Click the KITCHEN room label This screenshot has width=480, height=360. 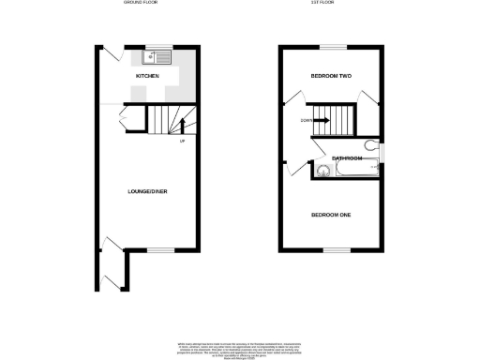[x=147, y=75]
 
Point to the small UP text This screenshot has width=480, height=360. [x=183, y=142]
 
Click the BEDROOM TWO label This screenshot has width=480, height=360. [x=331, y=75]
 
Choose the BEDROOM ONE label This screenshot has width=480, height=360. [x=331, y=215]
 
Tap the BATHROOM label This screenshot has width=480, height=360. [x=345, y=158]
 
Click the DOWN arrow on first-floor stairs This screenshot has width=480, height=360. [x=319, y=120]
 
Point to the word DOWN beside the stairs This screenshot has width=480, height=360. [x=307, y=120]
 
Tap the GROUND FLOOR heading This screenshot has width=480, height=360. [x=142, y=4]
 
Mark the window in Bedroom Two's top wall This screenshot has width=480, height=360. [x=332, y=46]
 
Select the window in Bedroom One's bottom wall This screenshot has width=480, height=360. [x=332, y=249]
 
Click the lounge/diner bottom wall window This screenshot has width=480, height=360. [x=160, y=249]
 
